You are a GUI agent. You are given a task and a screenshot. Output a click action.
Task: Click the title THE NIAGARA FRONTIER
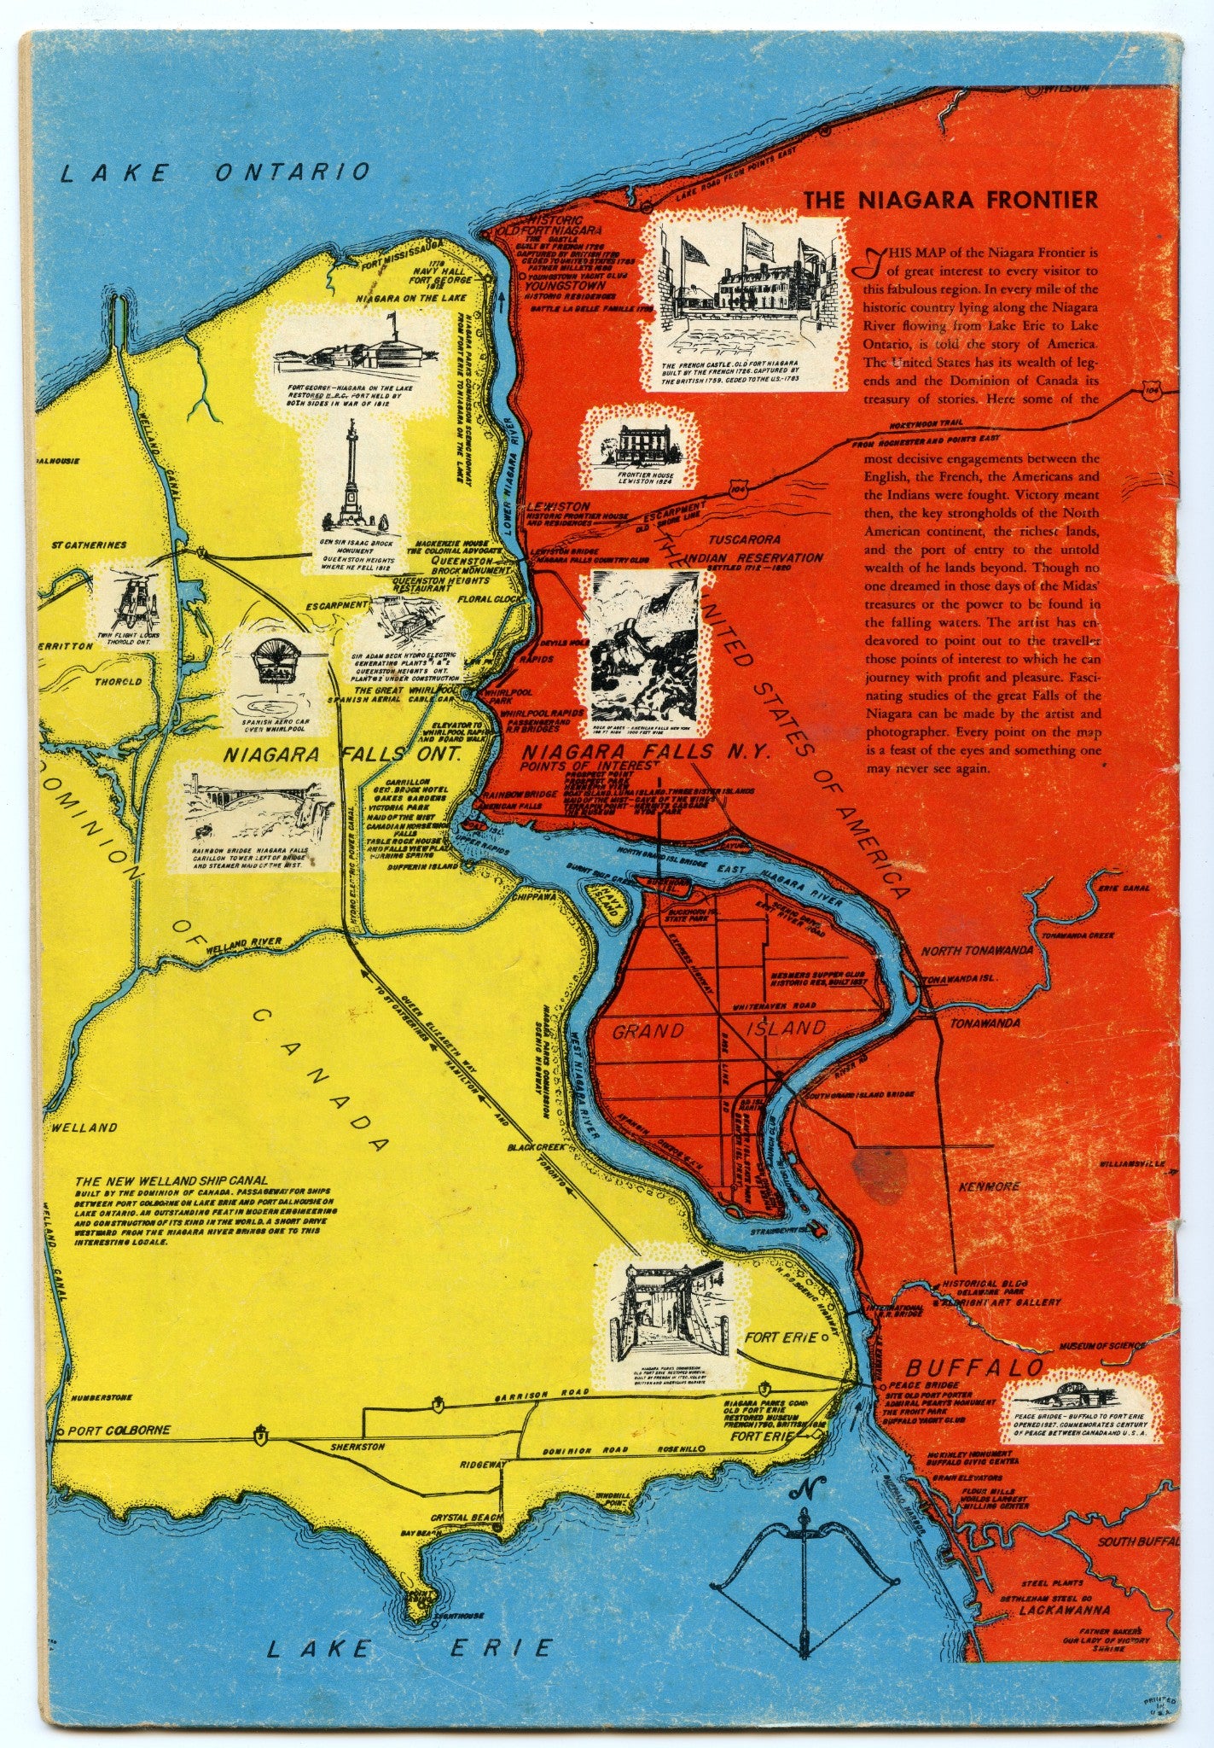[x=950, y=200]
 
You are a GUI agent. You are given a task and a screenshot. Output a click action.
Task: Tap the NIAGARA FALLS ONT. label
[x=341, y=755]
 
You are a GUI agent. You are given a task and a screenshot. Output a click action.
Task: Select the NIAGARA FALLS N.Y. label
[x=646, y=753]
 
